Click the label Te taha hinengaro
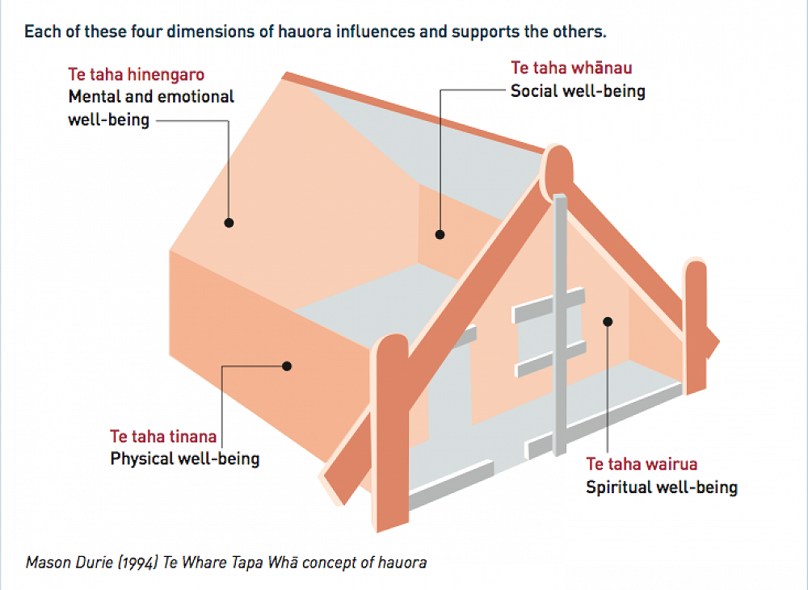pos(136,75)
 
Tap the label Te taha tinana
pos(163,437)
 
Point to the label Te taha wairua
pos(642,464)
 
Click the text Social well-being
pos(578,90)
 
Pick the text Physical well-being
pos(184,459)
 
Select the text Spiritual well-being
pos(661,487)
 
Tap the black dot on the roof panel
pos(229,223)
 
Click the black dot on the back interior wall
pos(440,235)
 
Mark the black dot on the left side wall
pos(286,366)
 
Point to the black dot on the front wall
pos(608,321)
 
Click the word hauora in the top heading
pos(317,33)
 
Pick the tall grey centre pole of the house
pos(560,323)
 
